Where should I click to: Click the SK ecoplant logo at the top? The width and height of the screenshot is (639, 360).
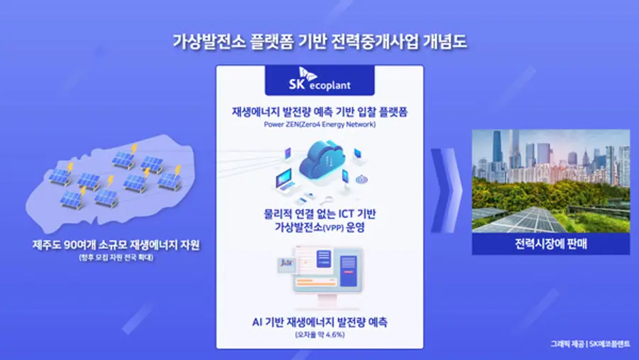pos(319,81)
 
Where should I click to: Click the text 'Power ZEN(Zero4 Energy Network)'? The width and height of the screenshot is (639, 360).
pos(319,125)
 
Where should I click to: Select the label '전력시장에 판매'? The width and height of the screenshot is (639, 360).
pos(550,244)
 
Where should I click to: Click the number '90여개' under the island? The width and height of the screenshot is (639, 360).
pos(80,245)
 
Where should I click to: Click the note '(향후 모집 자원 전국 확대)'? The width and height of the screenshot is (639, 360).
pos(116,257)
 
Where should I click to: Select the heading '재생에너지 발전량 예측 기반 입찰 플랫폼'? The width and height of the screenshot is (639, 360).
pos(319,113)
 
